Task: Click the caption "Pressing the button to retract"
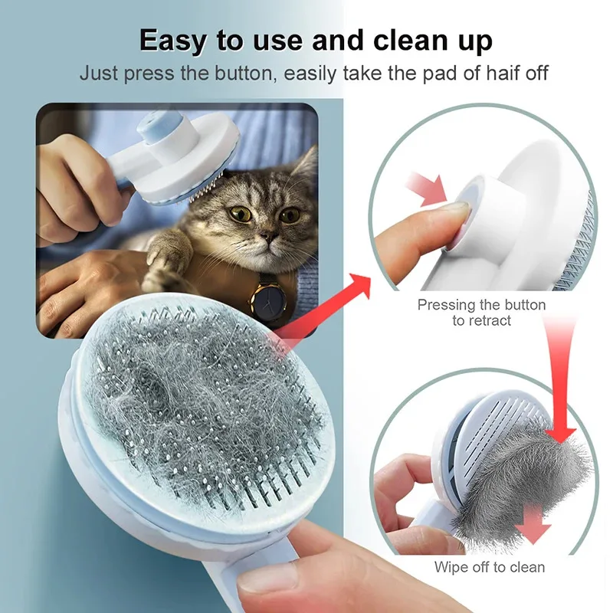(481, 313)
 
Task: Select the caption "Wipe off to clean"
(490, 568)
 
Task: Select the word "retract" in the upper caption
(481, 321)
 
